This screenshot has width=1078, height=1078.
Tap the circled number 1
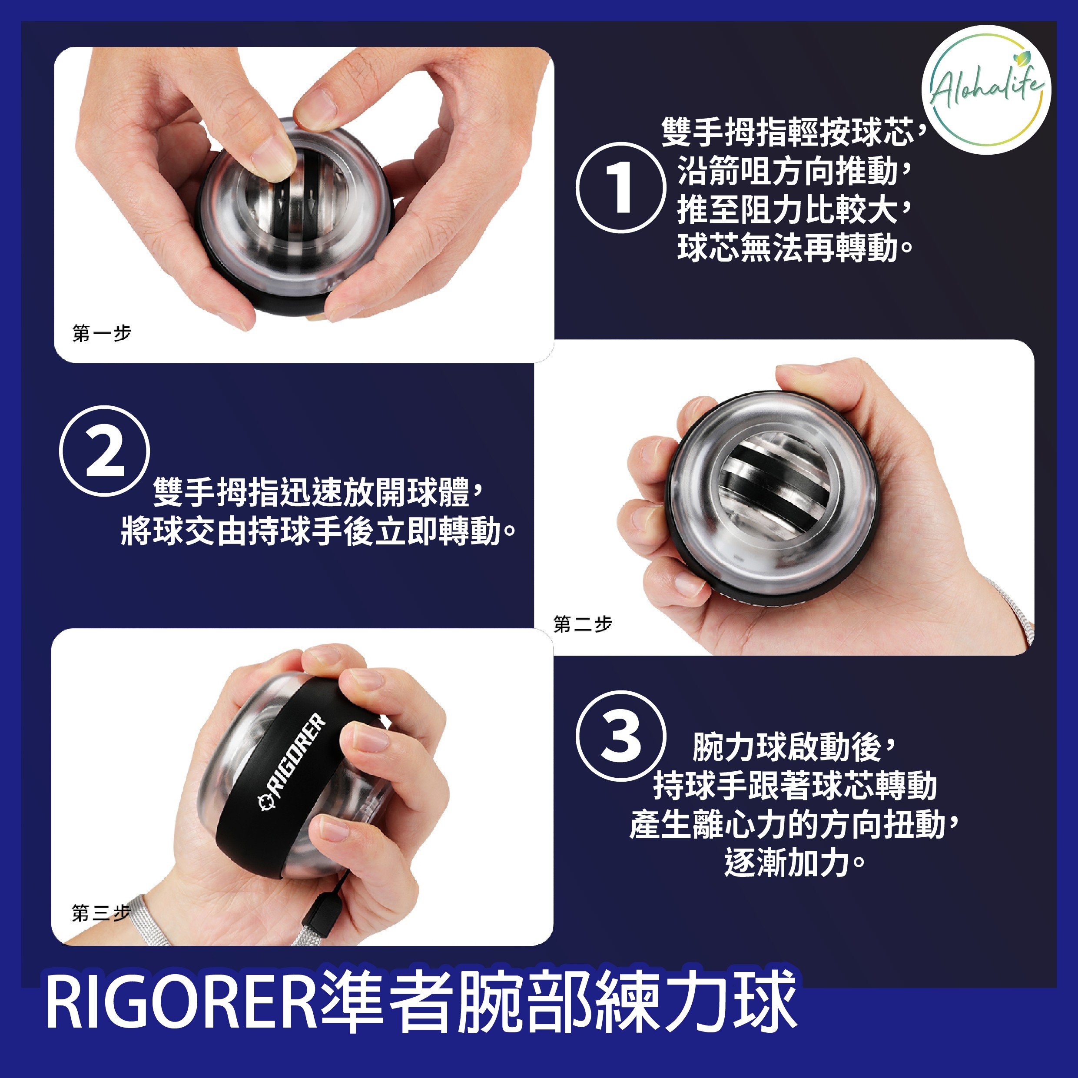pos(620,187)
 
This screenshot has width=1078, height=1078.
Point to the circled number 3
pos(621,736)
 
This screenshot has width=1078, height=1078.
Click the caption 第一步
pos(102,333)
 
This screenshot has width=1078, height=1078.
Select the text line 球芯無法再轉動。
pos(795,248)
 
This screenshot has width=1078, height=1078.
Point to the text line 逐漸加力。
pos(794,862)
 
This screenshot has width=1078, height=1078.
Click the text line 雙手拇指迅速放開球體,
pos(318,492)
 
